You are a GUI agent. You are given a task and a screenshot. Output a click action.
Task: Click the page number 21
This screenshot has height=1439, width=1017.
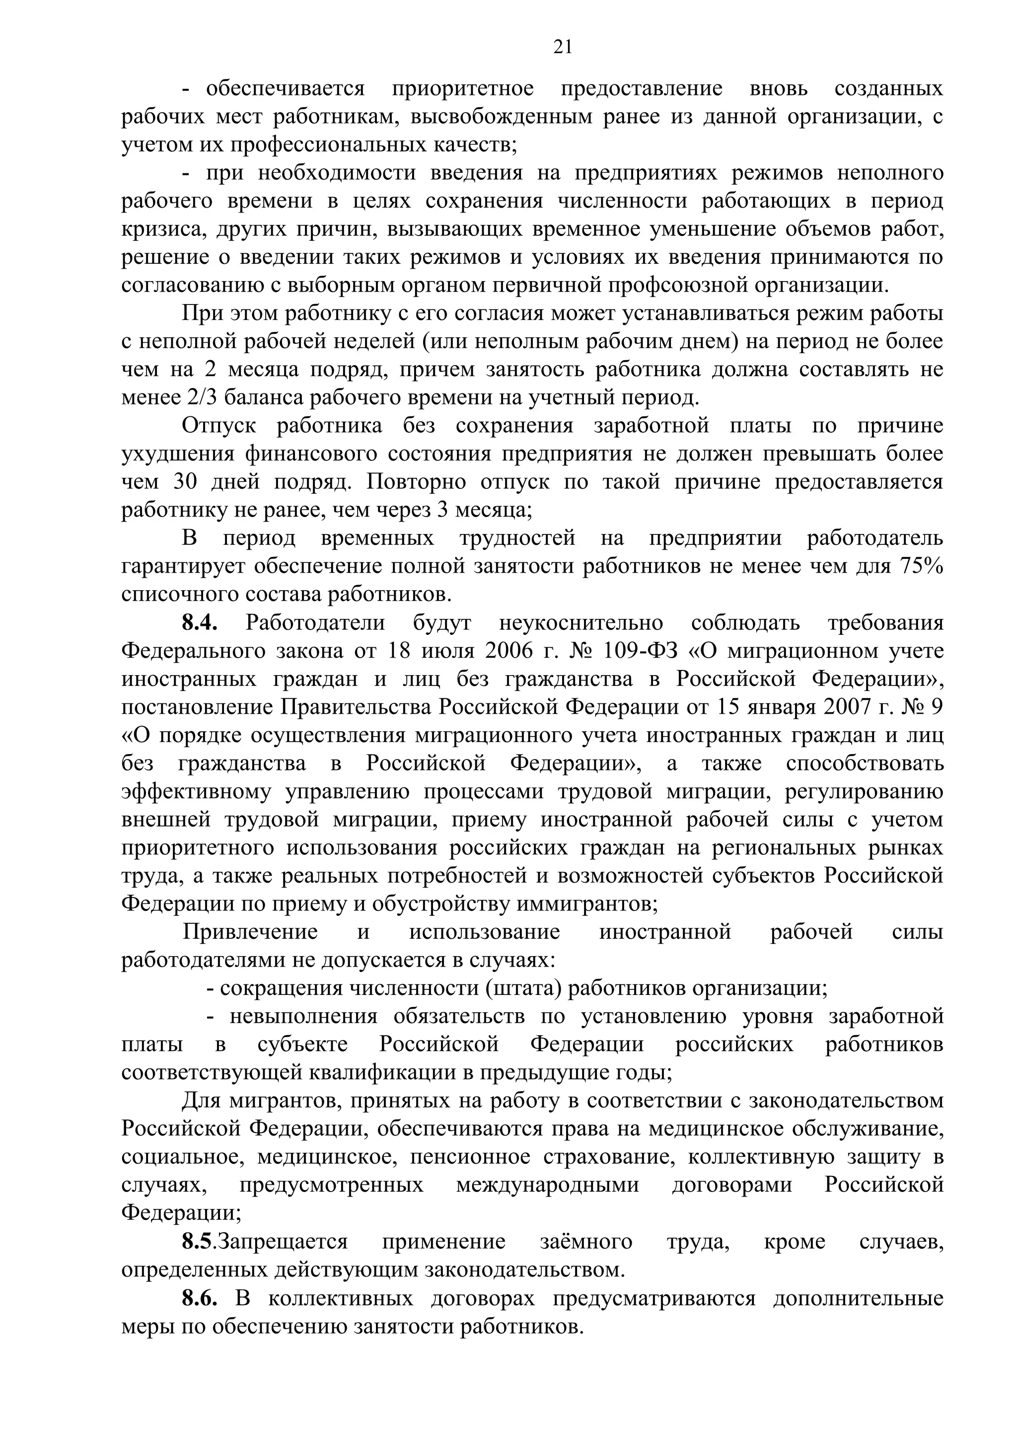click(562, 48)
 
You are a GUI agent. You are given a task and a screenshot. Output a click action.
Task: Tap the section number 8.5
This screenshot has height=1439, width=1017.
click(197, 1242)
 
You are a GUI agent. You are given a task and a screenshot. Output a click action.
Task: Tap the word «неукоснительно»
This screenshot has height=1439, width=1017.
click(581, 623)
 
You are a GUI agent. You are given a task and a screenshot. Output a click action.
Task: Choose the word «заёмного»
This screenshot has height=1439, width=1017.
click(586, 1242)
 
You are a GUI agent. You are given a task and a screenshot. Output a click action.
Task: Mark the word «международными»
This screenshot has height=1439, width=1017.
click(548, 1185)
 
